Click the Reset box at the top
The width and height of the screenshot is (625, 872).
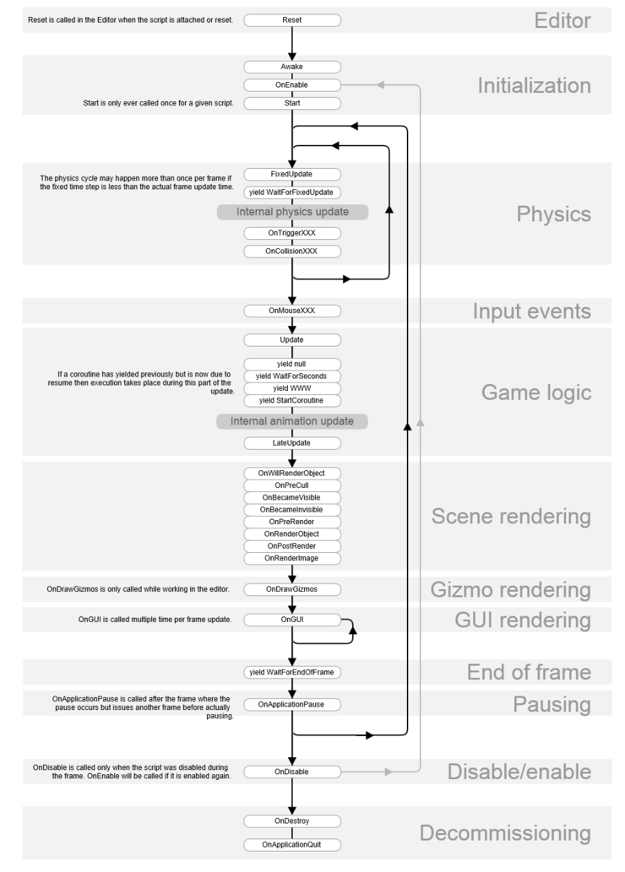pos(292,19)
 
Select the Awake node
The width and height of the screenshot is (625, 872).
pos(292,66)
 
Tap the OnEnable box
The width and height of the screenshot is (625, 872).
pos(292,84)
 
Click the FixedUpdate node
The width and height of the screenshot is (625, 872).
pos(292,174)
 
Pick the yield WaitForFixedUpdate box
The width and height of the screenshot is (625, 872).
pos(292,192)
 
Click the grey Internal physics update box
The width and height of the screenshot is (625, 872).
pos(292,211)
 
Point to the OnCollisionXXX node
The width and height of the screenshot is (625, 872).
pos(292,251)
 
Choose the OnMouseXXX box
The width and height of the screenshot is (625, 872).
pos(292,311)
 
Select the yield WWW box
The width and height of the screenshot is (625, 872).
pos(292,387)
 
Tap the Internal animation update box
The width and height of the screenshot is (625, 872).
pos(292,420)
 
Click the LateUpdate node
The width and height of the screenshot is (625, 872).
pos(292,442)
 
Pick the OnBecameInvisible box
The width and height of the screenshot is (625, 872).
pos(292,510)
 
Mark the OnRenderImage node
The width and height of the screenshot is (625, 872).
pos(292,557)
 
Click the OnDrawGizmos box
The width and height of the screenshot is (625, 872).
pos(292,588)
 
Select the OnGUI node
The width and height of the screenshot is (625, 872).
pos(292,620)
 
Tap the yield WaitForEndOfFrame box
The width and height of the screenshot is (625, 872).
pos(292,672)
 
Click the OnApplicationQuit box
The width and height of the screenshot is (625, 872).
pos(292,844)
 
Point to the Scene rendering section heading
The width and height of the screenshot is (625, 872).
pos(511,516)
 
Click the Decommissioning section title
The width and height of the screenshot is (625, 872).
pos(505,834)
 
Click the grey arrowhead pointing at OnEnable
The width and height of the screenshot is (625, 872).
pos(381,84)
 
